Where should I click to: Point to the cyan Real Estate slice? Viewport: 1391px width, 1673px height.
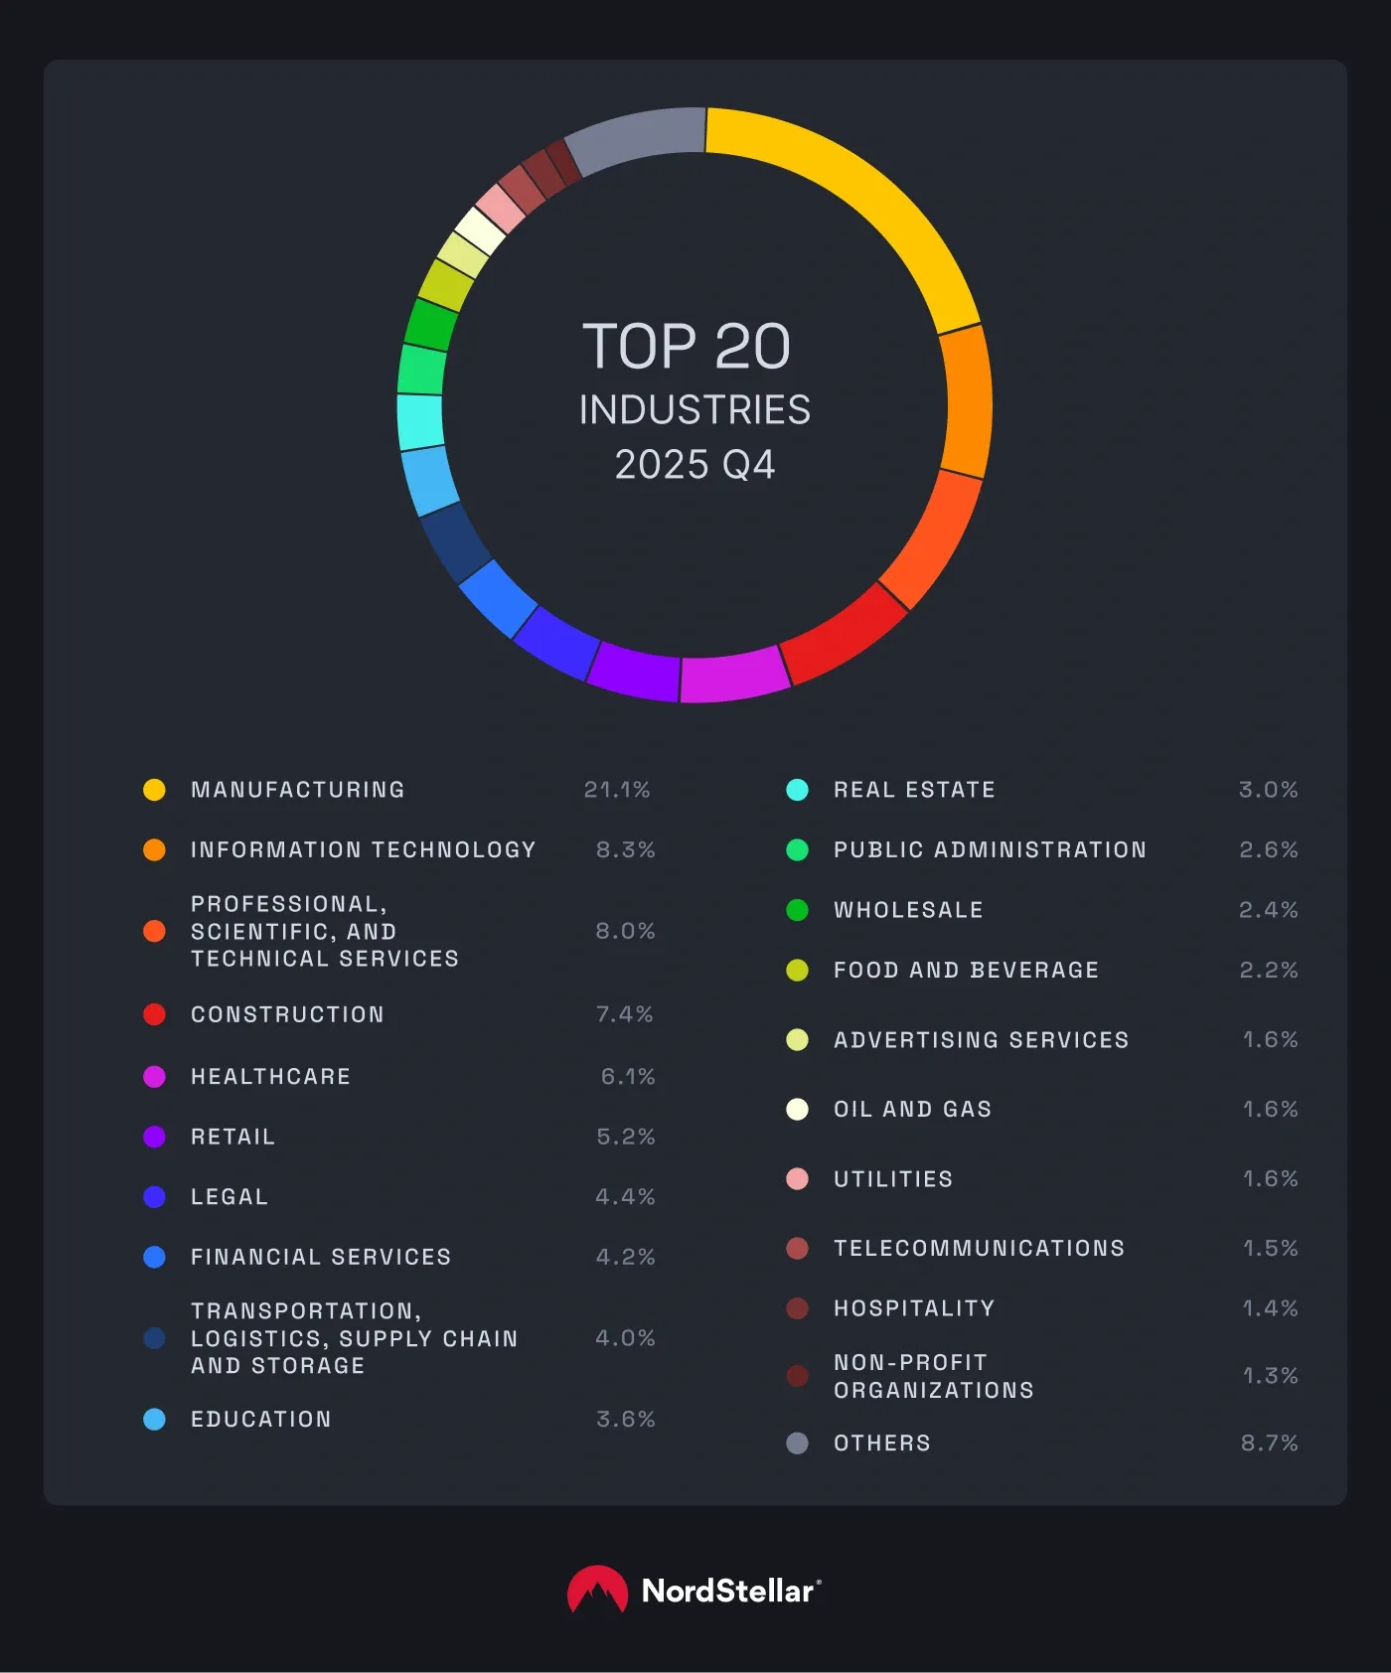(x=420, y=421)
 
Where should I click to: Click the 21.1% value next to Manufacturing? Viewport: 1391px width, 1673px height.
(x=617, y=790)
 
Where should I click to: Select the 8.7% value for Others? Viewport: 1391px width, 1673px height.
(x=1269, y=1443)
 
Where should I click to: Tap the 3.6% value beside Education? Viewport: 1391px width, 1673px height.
(x=625, y=1419)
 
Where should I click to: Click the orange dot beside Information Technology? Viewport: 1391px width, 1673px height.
(x=154, y=849)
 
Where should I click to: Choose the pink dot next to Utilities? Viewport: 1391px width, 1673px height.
(x=797, y=1179)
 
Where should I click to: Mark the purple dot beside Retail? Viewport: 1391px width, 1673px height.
(x=154, y=1137)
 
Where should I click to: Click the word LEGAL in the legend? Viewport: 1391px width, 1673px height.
(x=230, y=1197)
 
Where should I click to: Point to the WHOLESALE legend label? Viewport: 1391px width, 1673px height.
(x=908, y=910)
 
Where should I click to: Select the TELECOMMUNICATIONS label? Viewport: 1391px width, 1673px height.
(x=979, y=1248)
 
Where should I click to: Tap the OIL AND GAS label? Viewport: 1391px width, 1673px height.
(x=912, y=1109)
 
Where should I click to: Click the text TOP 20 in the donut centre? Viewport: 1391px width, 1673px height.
(x=687, y=347)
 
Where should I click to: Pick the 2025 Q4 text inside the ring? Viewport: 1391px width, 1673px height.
(x=695, y=465)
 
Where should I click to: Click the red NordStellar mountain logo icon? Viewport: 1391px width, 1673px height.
(x=597, y=1590)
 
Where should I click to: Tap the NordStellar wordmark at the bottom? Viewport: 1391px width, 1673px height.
(x=729, y=1591)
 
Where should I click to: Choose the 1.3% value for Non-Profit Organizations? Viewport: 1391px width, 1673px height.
(x=1270, y=1376)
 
